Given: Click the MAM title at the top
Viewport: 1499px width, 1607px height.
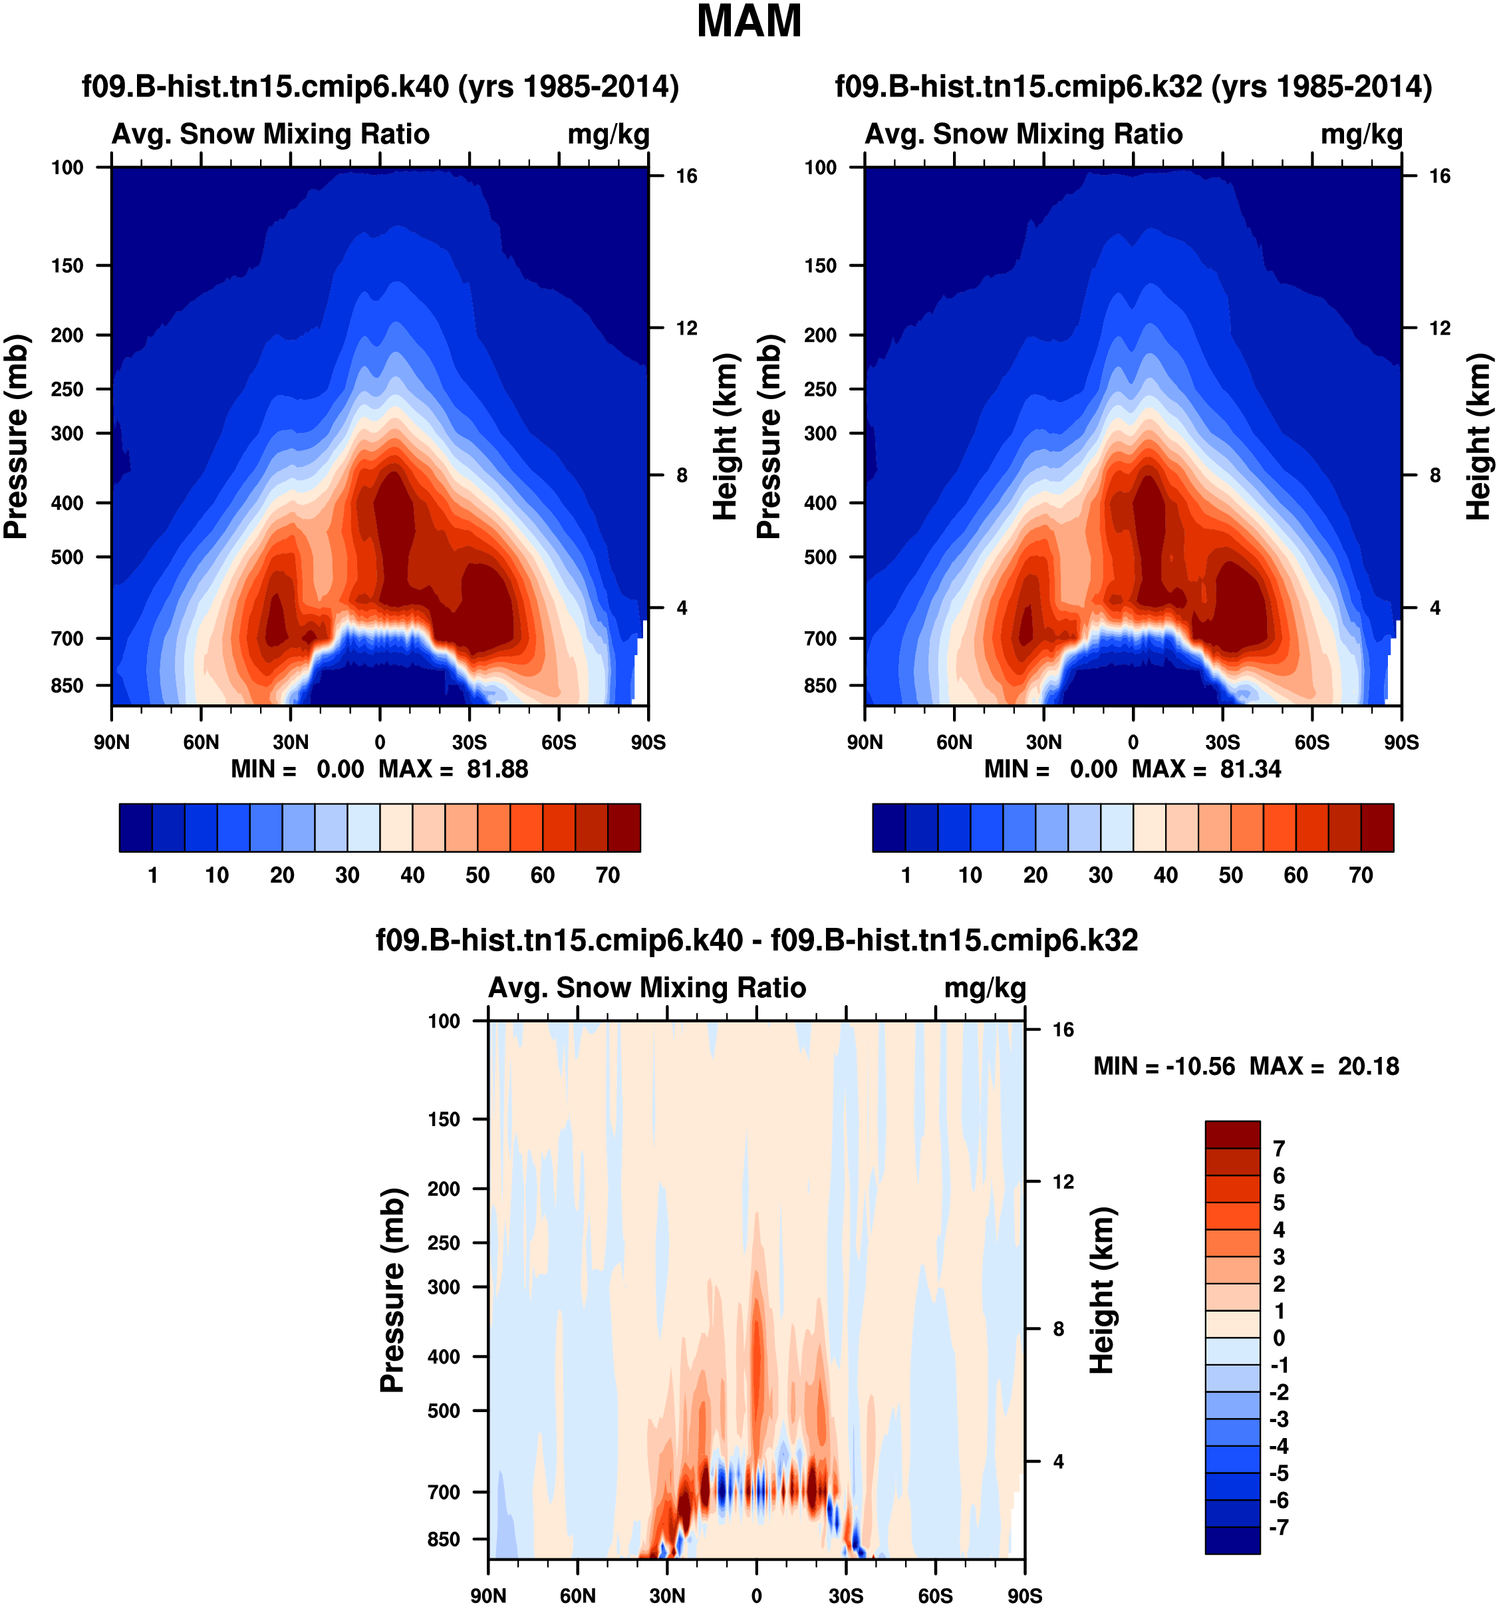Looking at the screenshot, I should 748,23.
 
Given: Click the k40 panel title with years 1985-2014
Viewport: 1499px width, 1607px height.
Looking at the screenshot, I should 380,86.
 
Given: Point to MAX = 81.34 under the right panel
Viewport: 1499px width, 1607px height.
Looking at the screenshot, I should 1206,769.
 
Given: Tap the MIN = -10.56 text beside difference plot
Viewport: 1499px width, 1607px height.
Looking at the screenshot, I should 1164,1066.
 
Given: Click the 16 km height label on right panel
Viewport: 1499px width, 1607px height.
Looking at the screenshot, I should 1440,176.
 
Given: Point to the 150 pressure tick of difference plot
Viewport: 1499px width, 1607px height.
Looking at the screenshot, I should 444,1119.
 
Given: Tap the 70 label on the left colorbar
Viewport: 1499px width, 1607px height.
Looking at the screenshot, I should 608,875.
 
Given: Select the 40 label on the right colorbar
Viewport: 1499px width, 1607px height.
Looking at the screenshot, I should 1165,875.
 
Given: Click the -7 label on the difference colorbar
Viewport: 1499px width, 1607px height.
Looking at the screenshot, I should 1278,1527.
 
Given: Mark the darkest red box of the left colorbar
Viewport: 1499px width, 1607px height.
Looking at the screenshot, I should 624,827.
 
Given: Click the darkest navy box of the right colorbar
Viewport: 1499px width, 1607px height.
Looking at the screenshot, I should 889,827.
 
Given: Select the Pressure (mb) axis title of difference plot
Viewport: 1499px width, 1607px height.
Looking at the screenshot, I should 392,1289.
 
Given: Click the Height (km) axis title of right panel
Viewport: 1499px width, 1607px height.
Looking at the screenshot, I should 1479,436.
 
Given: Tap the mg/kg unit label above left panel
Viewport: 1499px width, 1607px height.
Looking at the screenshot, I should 609,134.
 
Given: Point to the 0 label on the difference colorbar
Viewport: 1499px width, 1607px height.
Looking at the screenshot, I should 1278,1338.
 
